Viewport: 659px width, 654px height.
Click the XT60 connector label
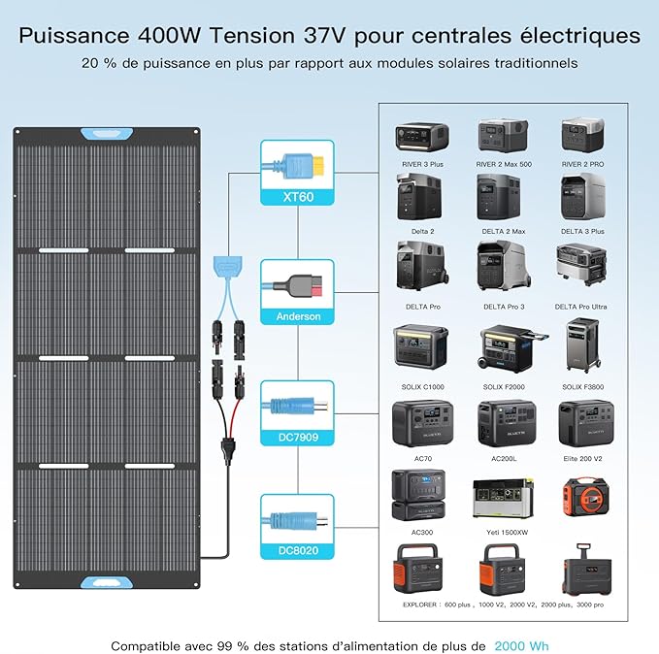298,197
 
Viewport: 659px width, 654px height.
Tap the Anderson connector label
298,316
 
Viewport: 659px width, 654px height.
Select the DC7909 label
298,437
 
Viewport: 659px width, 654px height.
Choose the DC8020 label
298,550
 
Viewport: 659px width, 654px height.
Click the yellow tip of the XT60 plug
318,164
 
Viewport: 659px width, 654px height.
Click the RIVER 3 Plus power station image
422,138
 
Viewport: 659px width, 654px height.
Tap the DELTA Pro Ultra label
580,307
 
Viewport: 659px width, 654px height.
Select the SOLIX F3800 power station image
582,344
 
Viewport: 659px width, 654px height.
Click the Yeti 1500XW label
507,533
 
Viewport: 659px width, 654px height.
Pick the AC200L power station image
507,424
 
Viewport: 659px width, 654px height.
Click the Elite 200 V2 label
582,459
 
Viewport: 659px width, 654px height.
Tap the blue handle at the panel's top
107,134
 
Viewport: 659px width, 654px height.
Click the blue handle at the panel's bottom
107,582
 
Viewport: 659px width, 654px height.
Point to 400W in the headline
170,35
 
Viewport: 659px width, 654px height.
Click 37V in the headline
324,35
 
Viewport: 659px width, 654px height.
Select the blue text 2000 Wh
521,645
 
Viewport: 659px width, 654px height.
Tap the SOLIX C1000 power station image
420,346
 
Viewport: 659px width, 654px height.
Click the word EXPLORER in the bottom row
419,605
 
